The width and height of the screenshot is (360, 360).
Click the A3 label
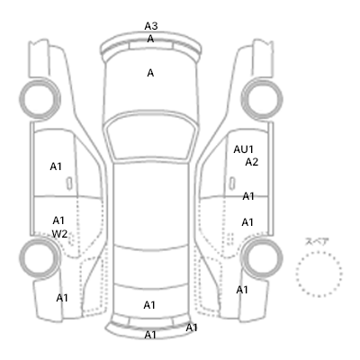[151, 26]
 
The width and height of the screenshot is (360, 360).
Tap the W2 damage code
[59, 234]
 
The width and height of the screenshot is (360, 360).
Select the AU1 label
[244, 149]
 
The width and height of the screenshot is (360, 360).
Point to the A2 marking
[251, 162]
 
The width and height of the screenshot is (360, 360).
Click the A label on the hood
[150, 73]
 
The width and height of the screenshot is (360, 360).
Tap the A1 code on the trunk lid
[149, 305]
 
